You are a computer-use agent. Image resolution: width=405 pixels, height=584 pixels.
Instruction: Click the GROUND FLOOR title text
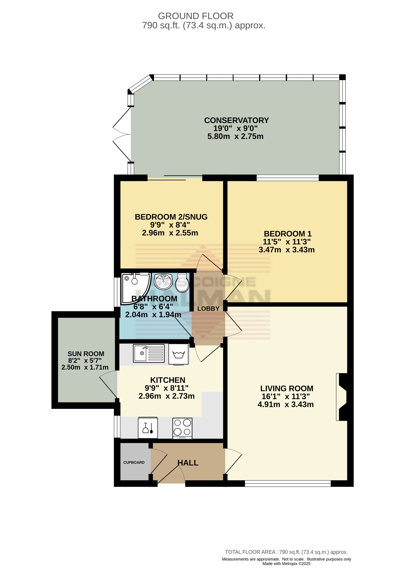[196, 16]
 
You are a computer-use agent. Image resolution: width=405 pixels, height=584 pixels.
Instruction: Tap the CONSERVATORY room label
[236, 120]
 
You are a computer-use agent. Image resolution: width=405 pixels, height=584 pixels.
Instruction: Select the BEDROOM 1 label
[288, 234]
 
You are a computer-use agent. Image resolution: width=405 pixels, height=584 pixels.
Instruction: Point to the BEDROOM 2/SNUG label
[171, 217]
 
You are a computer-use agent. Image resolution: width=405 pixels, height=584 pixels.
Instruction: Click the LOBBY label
[208, 309]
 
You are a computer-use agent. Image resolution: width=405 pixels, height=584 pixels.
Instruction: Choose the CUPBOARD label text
[134, 462]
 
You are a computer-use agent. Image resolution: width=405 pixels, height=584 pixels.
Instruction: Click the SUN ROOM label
[86, 354]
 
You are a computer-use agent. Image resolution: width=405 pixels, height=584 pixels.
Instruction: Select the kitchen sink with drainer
[149, 353]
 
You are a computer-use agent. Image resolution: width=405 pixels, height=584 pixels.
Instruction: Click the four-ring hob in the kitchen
[182, 428]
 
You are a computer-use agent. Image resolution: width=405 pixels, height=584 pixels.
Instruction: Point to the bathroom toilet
[182, 282]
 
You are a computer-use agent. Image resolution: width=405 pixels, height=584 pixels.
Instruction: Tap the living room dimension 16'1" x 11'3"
[286, 396]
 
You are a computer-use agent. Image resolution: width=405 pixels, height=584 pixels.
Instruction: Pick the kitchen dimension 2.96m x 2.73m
[166, 396]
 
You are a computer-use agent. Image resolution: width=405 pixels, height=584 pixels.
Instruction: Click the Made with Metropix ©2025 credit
[286, 563]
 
